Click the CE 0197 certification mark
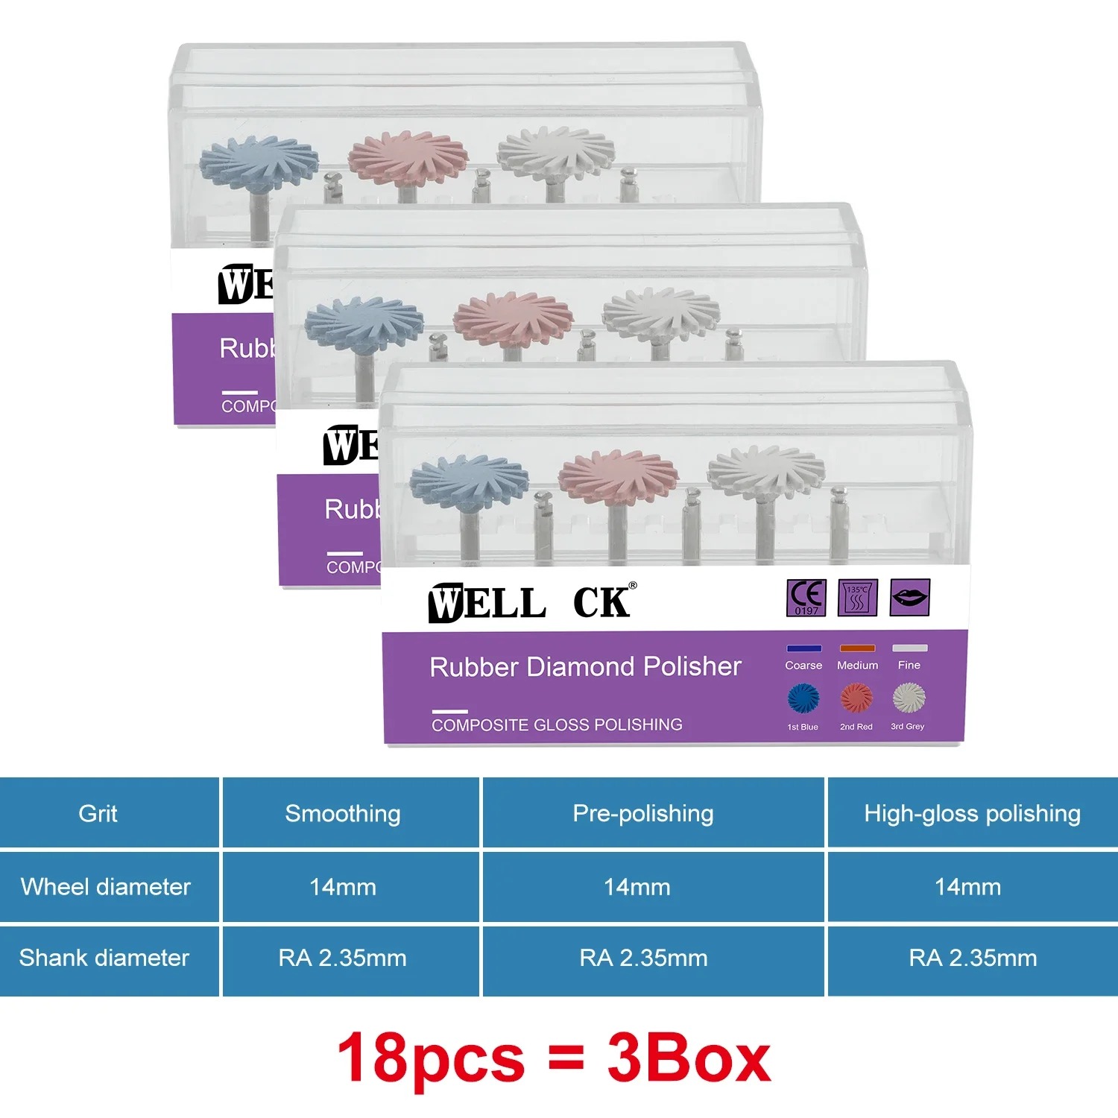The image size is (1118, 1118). tap(806, 597)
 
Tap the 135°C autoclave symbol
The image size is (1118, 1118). tap(857, 597)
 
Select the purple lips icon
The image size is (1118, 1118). tap(909, 597)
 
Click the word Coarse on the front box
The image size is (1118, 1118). tap(803, 665)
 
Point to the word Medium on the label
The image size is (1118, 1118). tap(857, 665)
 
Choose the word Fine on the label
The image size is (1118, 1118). tap(909, 665)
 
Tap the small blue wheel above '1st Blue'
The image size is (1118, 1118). tap(803, 698)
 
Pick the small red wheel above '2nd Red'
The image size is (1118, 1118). tap(856, 698)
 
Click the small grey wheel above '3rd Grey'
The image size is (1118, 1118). tap(909, 698)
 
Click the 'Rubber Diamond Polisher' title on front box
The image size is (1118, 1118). tap(585, 666)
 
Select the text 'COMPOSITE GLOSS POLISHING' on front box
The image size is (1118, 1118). tap(557, 724)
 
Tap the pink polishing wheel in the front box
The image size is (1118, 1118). tap(618, 476)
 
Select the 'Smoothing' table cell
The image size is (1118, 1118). tap(343, 813)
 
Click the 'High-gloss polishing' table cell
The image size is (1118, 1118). tap(972, 813)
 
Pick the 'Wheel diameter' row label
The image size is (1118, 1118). tap(106, 886)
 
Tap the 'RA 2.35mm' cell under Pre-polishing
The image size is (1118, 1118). tap(643, 958)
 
